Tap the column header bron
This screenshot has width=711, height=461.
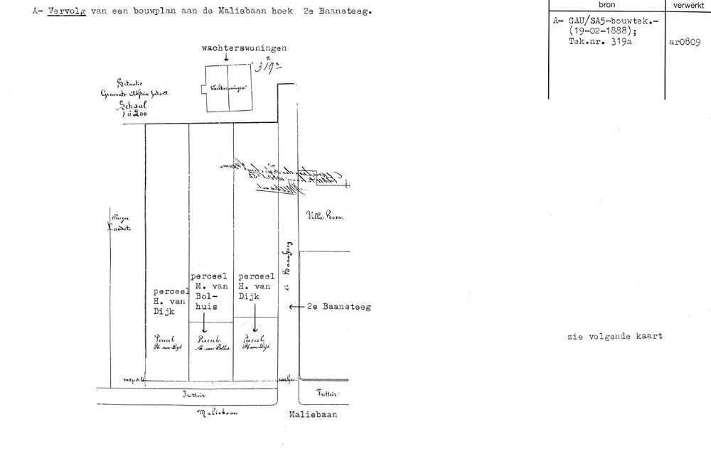click(x=606, y=5)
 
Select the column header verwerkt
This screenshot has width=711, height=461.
click(x=688, y=5)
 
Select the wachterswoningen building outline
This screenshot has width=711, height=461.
click(x=228, y=89)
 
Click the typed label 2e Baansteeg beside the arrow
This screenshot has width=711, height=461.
click(x=340, y=307)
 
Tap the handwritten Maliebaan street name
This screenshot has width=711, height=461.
click(x=217, y=412)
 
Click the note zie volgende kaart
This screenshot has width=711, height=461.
click(x=615, y=336)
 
